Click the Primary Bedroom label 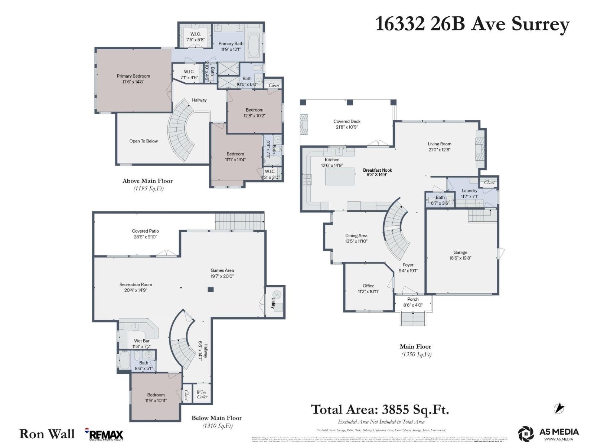(x=133, y=76)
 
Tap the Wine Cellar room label (x=202, y=394)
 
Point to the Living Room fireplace (x=480, y=149)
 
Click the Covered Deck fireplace (x=304, y=124)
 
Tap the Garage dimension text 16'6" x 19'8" (x=460, y=258)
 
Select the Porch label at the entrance (x=413, y=299)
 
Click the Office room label (x=368, y=286)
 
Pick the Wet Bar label (x=142, y=341)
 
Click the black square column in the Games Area (x=211, y=290)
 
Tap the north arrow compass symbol (x=559, y=408)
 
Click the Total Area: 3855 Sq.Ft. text (x=380, y=409)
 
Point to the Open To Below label (x=143, y=141)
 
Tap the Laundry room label (x=469, y=191)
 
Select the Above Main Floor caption (x=147, y=181)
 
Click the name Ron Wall (x=47, y=434)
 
